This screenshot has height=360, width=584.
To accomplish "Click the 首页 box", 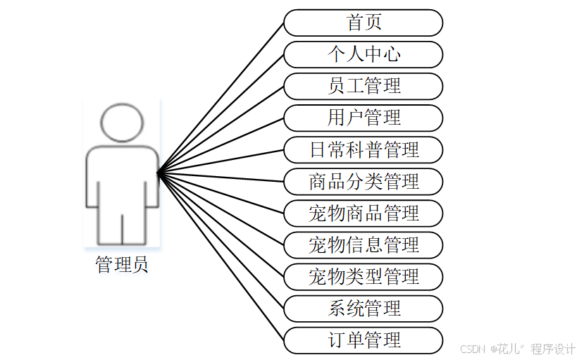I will (364, 23).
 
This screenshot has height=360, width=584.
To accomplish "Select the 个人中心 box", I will (364, 54).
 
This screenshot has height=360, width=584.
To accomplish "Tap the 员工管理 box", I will (364, 86).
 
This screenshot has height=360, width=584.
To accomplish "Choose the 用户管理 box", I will (364, 118).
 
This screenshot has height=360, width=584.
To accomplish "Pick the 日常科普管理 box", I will (364, 149).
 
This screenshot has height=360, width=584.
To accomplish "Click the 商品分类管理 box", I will (364, 181).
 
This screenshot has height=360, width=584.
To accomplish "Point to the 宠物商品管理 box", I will (364, 213).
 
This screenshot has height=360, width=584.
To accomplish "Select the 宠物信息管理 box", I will (364, 244).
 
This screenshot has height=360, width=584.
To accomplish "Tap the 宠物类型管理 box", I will (364, 276).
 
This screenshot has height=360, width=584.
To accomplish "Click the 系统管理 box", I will (364, 308).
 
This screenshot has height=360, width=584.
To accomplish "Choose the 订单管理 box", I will (364, 340).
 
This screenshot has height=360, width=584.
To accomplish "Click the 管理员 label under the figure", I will (122, 266).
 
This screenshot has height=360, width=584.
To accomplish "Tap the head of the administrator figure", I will (122, 121).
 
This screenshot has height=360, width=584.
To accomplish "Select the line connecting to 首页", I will (220, 97).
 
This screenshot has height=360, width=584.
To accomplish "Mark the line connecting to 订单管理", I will (220, 256).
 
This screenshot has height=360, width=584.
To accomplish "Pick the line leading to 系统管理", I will (220, 240).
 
